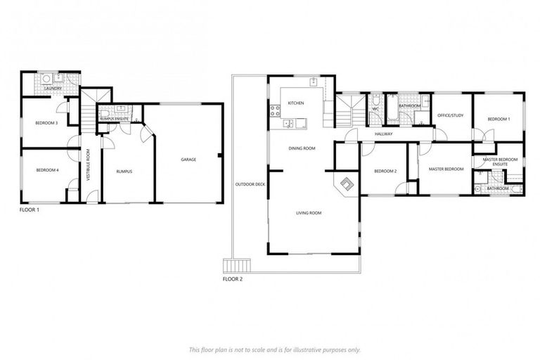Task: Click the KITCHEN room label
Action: [295, 103]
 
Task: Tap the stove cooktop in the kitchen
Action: [275, 110]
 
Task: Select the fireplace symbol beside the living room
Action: [346, 184]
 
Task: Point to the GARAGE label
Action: [188, 160]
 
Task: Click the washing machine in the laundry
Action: [45, 79]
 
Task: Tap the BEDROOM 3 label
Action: [46, 123]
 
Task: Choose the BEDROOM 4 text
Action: [46, 171]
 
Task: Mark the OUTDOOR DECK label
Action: [250, 184]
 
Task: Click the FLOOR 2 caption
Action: [232, 279]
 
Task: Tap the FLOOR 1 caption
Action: [29, 210]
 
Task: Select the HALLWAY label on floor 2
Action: [383, 134]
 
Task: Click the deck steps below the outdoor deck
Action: [236, 266]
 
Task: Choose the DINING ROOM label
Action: [302, 148]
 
